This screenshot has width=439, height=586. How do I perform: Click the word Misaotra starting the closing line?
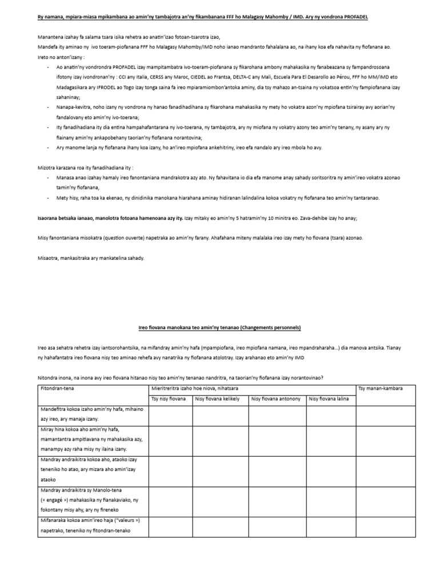(49, 258)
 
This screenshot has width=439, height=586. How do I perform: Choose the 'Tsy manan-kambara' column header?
(380, 389)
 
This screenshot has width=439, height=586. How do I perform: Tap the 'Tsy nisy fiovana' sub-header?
(168, 399)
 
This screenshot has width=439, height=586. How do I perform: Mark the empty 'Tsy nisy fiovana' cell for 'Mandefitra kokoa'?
(170, 416)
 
